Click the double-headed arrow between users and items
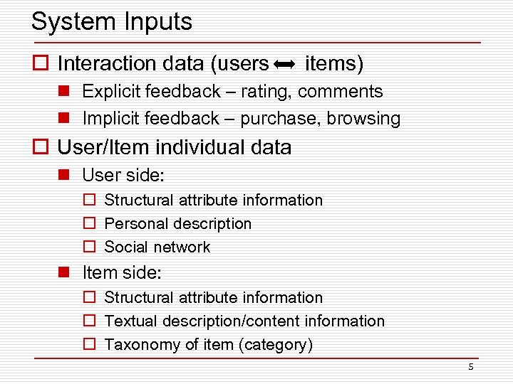pos(285,65)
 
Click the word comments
pos(341,92)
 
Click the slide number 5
pos(470,367)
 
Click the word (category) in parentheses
pos(276,345)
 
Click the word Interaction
pos(107,64)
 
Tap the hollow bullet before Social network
pos(90,247)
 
